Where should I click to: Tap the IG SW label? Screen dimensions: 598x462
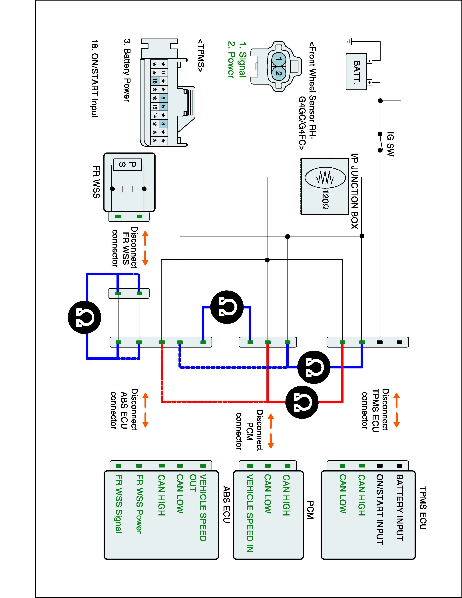391,144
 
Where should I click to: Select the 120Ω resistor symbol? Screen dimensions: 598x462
325,178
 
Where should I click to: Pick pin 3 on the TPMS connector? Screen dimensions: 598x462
163,124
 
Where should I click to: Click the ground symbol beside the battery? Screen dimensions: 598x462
348,42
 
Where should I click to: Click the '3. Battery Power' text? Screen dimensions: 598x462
126,70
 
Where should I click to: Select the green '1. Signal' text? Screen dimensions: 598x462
242,59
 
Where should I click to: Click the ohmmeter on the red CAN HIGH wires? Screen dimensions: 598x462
302,402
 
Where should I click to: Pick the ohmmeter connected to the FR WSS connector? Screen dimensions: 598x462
84,318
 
